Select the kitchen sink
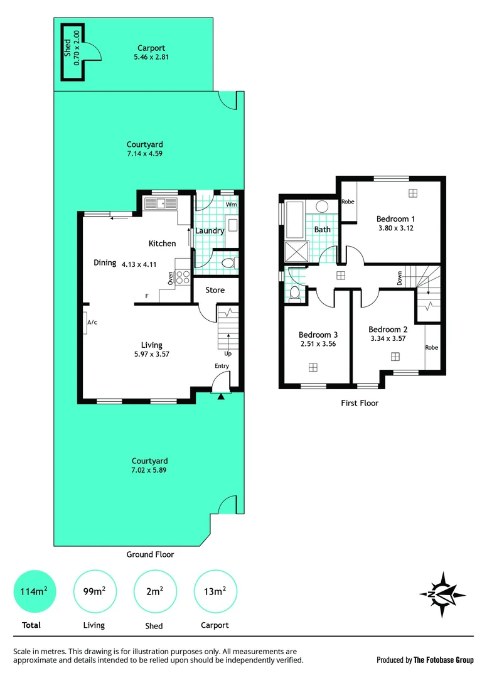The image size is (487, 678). click(161, 203)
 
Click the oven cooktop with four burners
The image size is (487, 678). click(183, 277)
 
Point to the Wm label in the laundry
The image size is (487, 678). click(231, 204)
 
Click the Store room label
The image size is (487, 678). click(215, 290)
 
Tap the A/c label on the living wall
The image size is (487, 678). click(92, 322)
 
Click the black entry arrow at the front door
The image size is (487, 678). click(221, 395)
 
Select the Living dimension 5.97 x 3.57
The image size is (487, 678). click(151, 354)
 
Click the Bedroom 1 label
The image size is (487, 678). click(395, 218)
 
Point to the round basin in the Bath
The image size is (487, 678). click(322, 207)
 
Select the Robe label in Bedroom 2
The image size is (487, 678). click(431, 347)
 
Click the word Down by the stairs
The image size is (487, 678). click(400, 278)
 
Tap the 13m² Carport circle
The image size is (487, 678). click(215, 591)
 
